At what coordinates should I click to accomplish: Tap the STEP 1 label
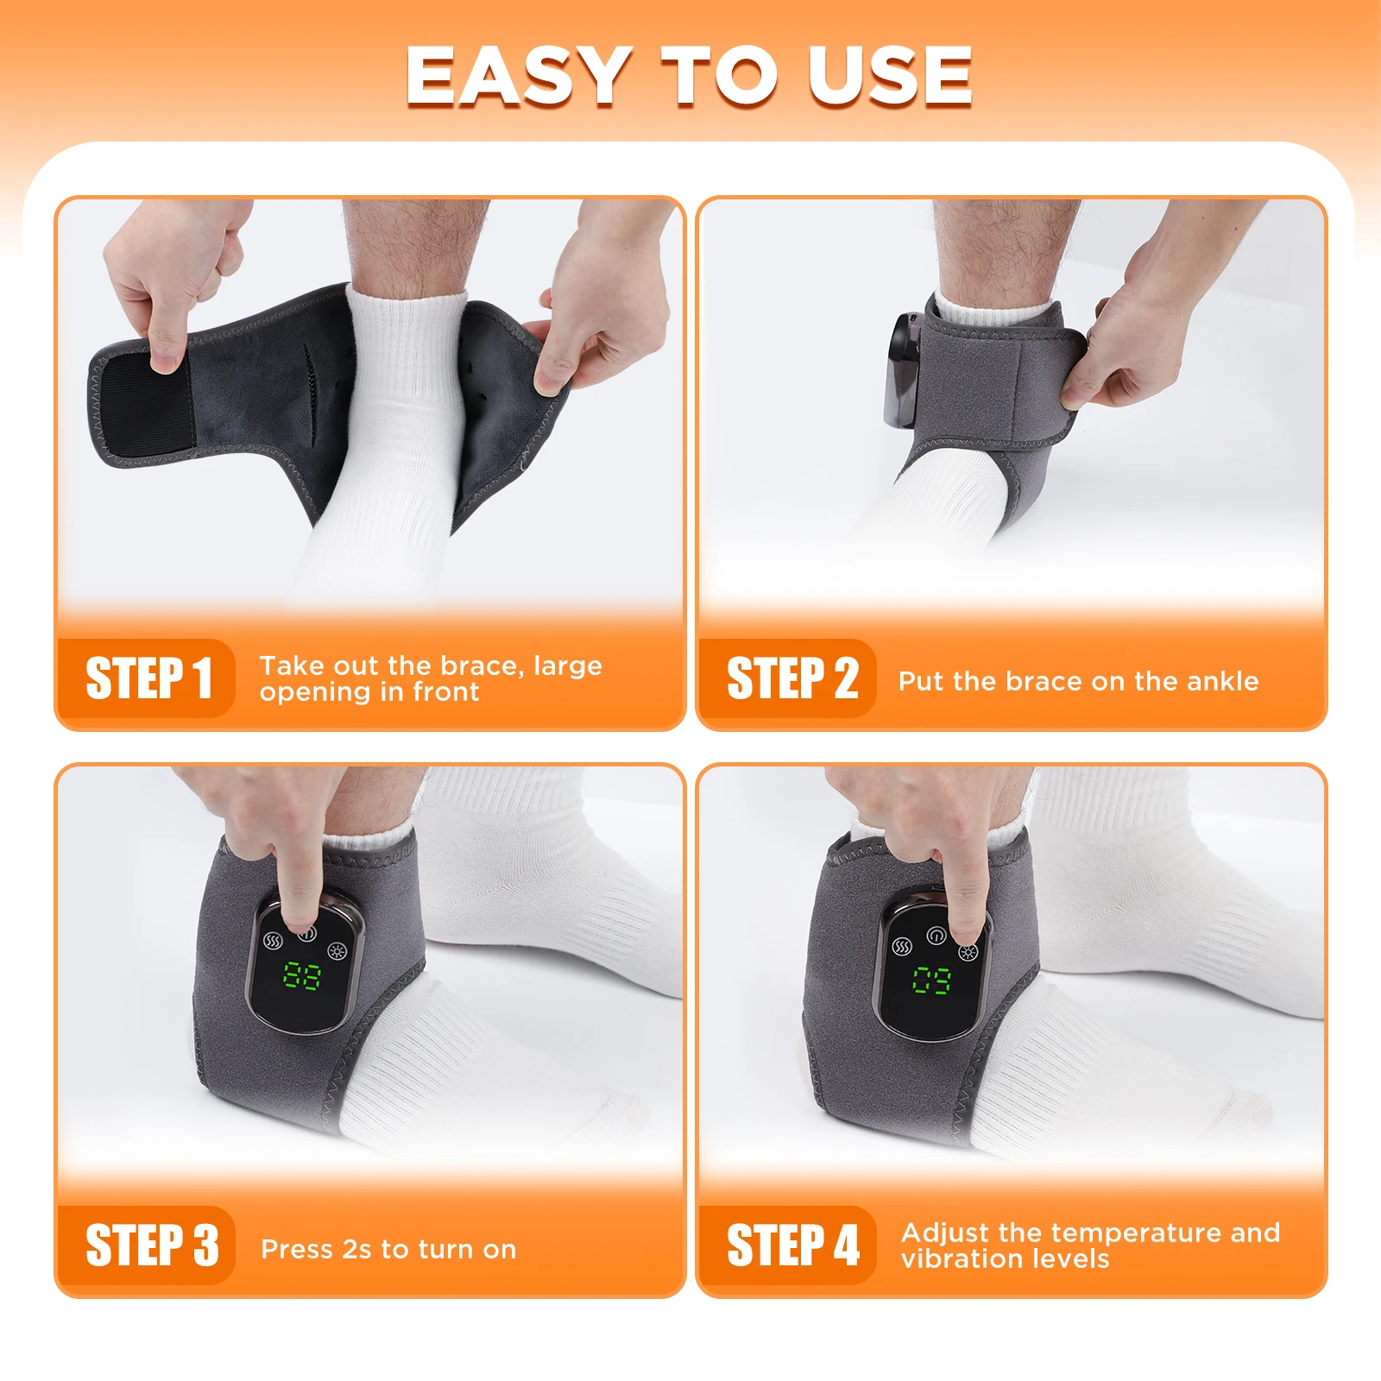[148, 678]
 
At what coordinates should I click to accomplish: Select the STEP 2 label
[791, 678]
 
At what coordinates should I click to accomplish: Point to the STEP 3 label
[152, 1245]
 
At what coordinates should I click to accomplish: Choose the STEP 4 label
[792, 1245]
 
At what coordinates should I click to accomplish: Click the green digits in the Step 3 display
[302, 976]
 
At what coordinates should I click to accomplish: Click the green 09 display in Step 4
[932, 980]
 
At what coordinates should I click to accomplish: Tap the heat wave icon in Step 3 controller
[273, 940]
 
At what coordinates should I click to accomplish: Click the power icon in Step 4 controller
[936, 936]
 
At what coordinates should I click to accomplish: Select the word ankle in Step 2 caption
[1222, 681]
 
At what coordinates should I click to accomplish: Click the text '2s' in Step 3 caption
[356, 1249]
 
